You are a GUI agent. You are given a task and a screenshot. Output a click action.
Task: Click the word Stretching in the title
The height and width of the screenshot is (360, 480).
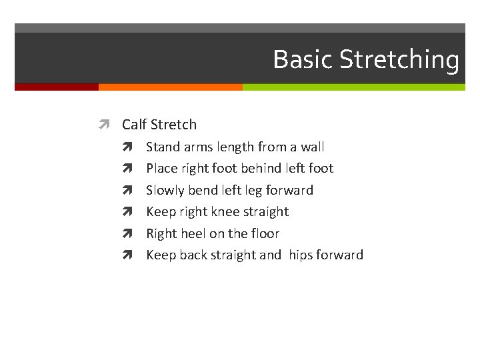399,60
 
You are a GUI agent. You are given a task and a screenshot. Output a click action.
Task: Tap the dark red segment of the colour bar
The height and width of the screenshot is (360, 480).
57,87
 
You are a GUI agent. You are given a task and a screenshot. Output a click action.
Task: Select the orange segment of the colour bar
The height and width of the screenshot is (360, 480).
170,87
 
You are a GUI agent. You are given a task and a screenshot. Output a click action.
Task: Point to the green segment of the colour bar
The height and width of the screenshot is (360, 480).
353,87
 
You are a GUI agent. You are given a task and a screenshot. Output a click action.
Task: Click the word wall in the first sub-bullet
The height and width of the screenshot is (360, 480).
312,147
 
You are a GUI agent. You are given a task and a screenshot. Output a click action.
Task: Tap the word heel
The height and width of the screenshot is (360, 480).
192,233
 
